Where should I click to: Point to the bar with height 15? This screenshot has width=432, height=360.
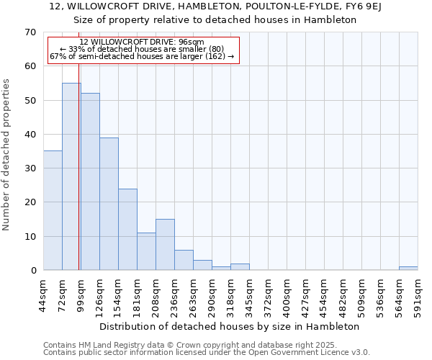(x=165, y=245)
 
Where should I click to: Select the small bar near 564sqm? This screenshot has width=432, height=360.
(x=408, y=269)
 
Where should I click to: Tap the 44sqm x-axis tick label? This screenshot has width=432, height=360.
(x=44, y=295)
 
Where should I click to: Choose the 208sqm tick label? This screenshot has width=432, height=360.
(x=156, y=295)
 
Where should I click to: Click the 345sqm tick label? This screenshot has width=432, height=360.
(x=250, y=295)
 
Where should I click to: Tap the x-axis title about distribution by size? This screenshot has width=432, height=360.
(x=230, y=326)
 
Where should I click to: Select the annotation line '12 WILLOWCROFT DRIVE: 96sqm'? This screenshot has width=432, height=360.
(x=142, y=42)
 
